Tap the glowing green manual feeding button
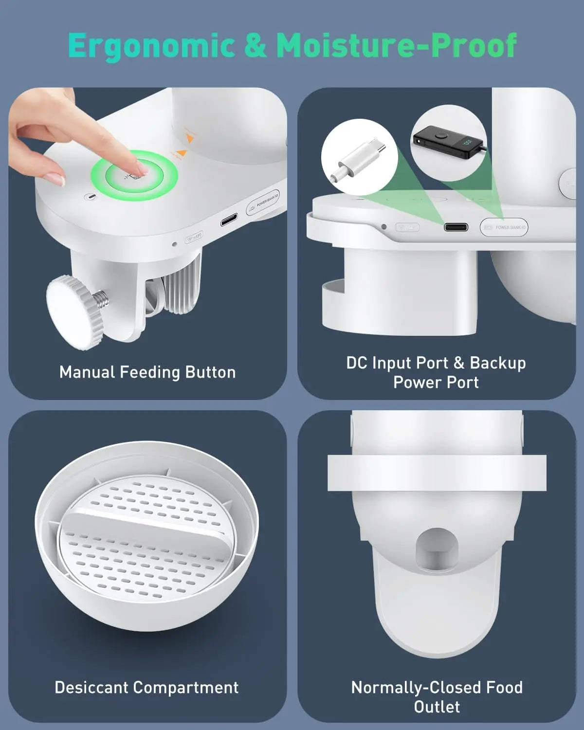(x=142, y=175)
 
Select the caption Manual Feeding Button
(x=147, y=372)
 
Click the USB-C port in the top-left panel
(x=230, y=222)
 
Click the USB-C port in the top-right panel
(x=456, y=227)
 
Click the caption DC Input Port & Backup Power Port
(x=436, y=372)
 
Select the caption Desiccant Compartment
(x=146, y=687)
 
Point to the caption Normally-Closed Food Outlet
(x=437, y=696)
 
